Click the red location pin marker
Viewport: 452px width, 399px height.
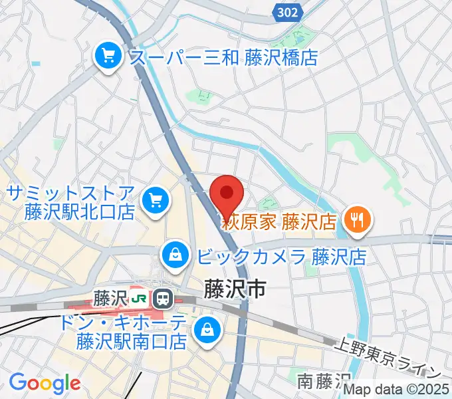pyautogui.click(x=227, y=195)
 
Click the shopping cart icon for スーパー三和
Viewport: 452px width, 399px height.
pyautogui.click(x=107, y=55)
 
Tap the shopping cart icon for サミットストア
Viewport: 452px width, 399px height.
pyautogui.click(x=156, y=199)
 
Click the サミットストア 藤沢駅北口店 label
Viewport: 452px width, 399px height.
pyautogui.click(x=71, y=203)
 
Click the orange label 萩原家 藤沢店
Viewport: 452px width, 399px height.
pyautogui.click(x=279, y=221)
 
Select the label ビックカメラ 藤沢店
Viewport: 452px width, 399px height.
pyautogui.click(x=282, y=256)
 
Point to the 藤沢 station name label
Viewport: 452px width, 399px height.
pyautogui.click(x=110, y=297)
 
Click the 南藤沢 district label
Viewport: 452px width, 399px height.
pyautogui.click(x=324, y=381)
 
